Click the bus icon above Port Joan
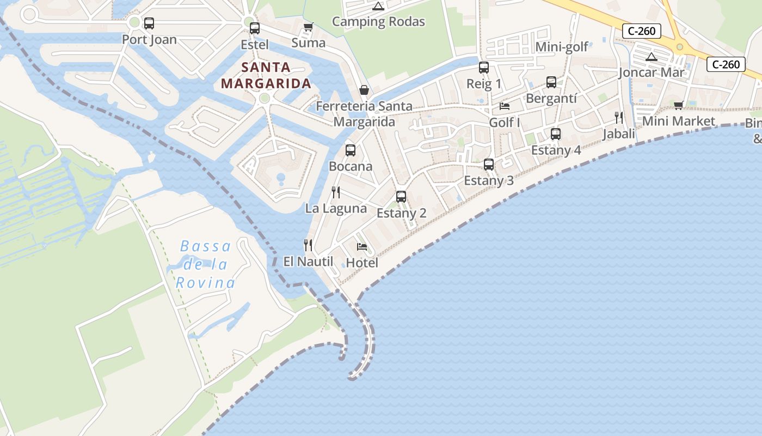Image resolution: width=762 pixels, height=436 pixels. (149, 23)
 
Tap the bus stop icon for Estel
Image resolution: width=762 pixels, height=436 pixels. (254, 28)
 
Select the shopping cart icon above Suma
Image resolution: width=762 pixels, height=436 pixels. (309, 27)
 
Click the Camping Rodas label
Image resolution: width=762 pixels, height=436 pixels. (378, 22)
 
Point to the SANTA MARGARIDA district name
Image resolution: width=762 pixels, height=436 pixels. (266, 76)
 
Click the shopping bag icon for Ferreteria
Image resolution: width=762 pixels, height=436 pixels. (364, 90)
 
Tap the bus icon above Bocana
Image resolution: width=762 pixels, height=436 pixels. (351, 150)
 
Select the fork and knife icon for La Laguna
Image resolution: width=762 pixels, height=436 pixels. (336, 192)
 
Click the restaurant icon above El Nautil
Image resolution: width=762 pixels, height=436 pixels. (308, 245)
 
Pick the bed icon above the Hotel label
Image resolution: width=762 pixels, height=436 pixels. (362, 247)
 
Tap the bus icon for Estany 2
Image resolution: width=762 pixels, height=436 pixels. (401, 196)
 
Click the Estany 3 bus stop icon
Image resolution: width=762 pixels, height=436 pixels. (489, 164)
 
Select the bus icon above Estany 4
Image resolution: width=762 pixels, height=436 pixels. (556, 134)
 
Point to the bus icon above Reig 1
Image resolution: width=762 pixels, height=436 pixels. (484, 68)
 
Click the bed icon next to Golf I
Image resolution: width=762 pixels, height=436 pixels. (505, 106)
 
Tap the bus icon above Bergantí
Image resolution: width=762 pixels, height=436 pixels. (551, 82)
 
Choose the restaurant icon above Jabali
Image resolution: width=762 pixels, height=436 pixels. (619, 117)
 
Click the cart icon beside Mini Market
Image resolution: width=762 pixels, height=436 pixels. (678, 105)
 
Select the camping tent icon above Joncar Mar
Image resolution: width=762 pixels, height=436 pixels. (651, 57)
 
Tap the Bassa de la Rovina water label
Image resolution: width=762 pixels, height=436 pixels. (206, 264)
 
